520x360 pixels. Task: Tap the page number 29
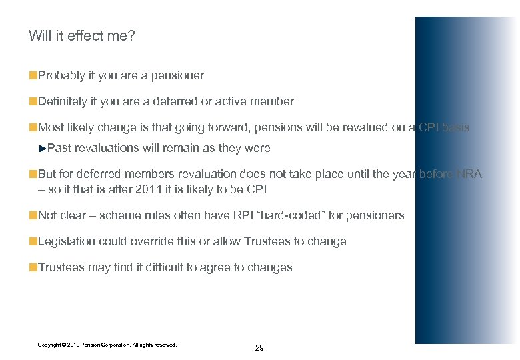click(x=259, y=348)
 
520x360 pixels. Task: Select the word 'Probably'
click(x=61, y=76)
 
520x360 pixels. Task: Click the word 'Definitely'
click(x=63, y=101)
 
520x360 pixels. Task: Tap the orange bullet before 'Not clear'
click(x=33, y=215)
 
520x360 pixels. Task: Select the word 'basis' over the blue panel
click(x=455, y=127)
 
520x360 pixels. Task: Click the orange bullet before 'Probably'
click(x=33, y=76)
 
